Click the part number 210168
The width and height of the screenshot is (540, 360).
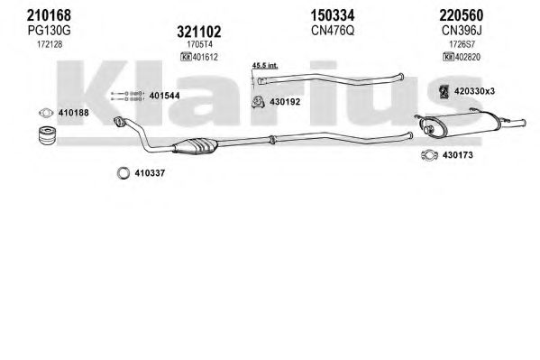click(49, 15)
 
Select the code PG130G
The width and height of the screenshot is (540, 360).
click(50, 31)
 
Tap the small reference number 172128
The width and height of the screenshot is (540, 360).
click(50, 44)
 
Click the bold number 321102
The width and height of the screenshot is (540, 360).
click(199, 32)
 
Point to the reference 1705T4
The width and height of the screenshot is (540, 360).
click(199, 44)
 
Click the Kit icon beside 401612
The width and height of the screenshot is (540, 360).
click(186, 57)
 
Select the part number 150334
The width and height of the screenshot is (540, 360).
click(333, 15)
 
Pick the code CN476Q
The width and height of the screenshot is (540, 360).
click(333, 31)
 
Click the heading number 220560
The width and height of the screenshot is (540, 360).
click(462, 15)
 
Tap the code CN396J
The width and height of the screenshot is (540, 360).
click(462, 31)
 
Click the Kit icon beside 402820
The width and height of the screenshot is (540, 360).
click(448, 57)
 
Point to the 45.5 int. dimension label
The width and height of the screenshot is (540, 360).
click(265, 65)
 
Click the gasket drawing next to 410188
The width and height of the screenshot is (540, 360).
click(46, 113)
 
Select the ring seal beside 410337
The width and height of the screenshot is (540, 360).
click(124, 173)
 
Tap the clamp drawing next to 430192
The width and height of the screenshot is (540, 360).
click(258, 102)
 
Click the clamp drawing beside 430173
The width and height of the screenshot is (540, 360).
click(429, 155)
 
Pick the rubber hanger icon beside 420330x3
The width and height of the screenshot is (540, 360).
click(444, 91)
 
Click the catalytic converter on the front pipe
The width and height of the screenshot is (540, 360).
click(196, 145)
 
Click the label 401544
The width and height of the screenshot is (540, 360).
click(164, 96)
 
